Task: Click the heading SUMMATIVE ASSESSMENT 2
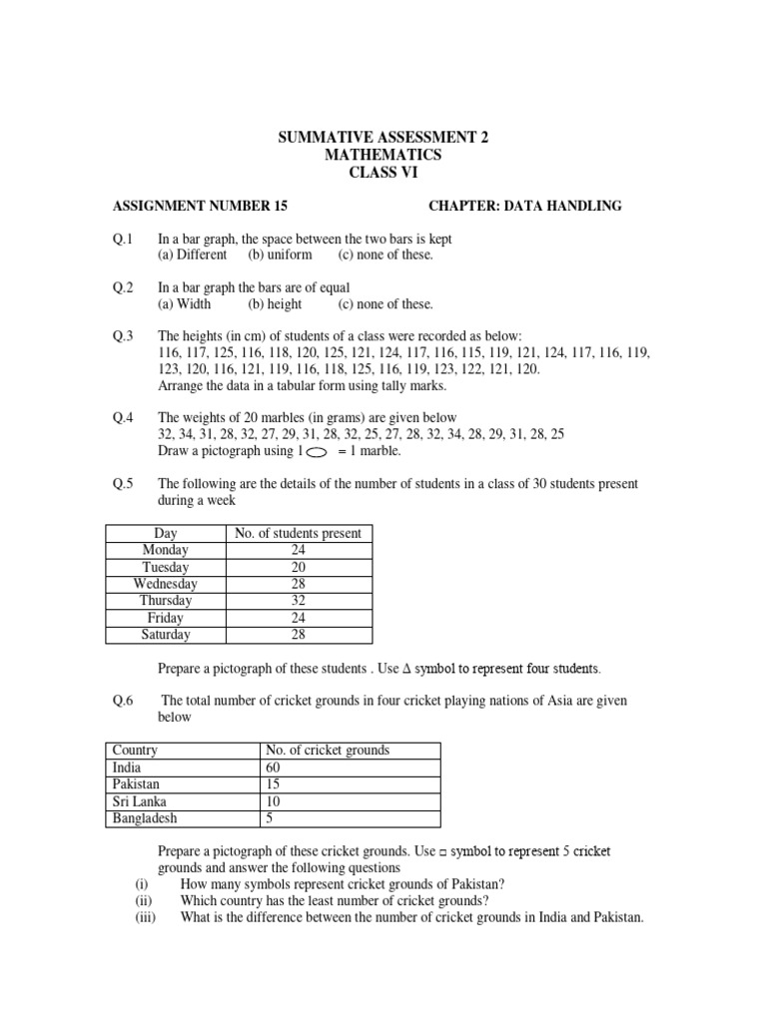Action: [x=383, y=138]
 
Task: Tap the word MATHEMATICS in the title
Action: [x=383, y=156]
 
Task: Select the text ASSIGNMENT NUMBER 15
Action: [x=201, y=206]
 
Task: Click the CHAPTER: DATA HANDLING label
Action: [x=524, y=206]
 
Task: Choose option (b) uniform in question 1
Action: [x=281, y=255]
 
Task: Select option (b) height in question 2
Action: [x=276, y=304]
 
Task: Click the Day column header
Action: [x=166, y=533]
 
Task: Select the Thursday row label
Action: [x=166, y=601]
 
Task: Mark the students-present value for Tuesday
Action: [x=298, y=567]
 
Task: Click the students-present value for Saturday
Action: [x=298, y=635]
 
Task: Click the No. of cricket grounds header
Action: [x=327, y=751]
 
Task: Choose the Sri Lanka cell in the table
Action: [x=141, y=801]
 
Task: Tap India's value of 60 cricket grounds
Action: [x=274, y=767]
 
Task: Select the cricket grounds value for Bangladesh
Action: [x=269, y=818]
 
